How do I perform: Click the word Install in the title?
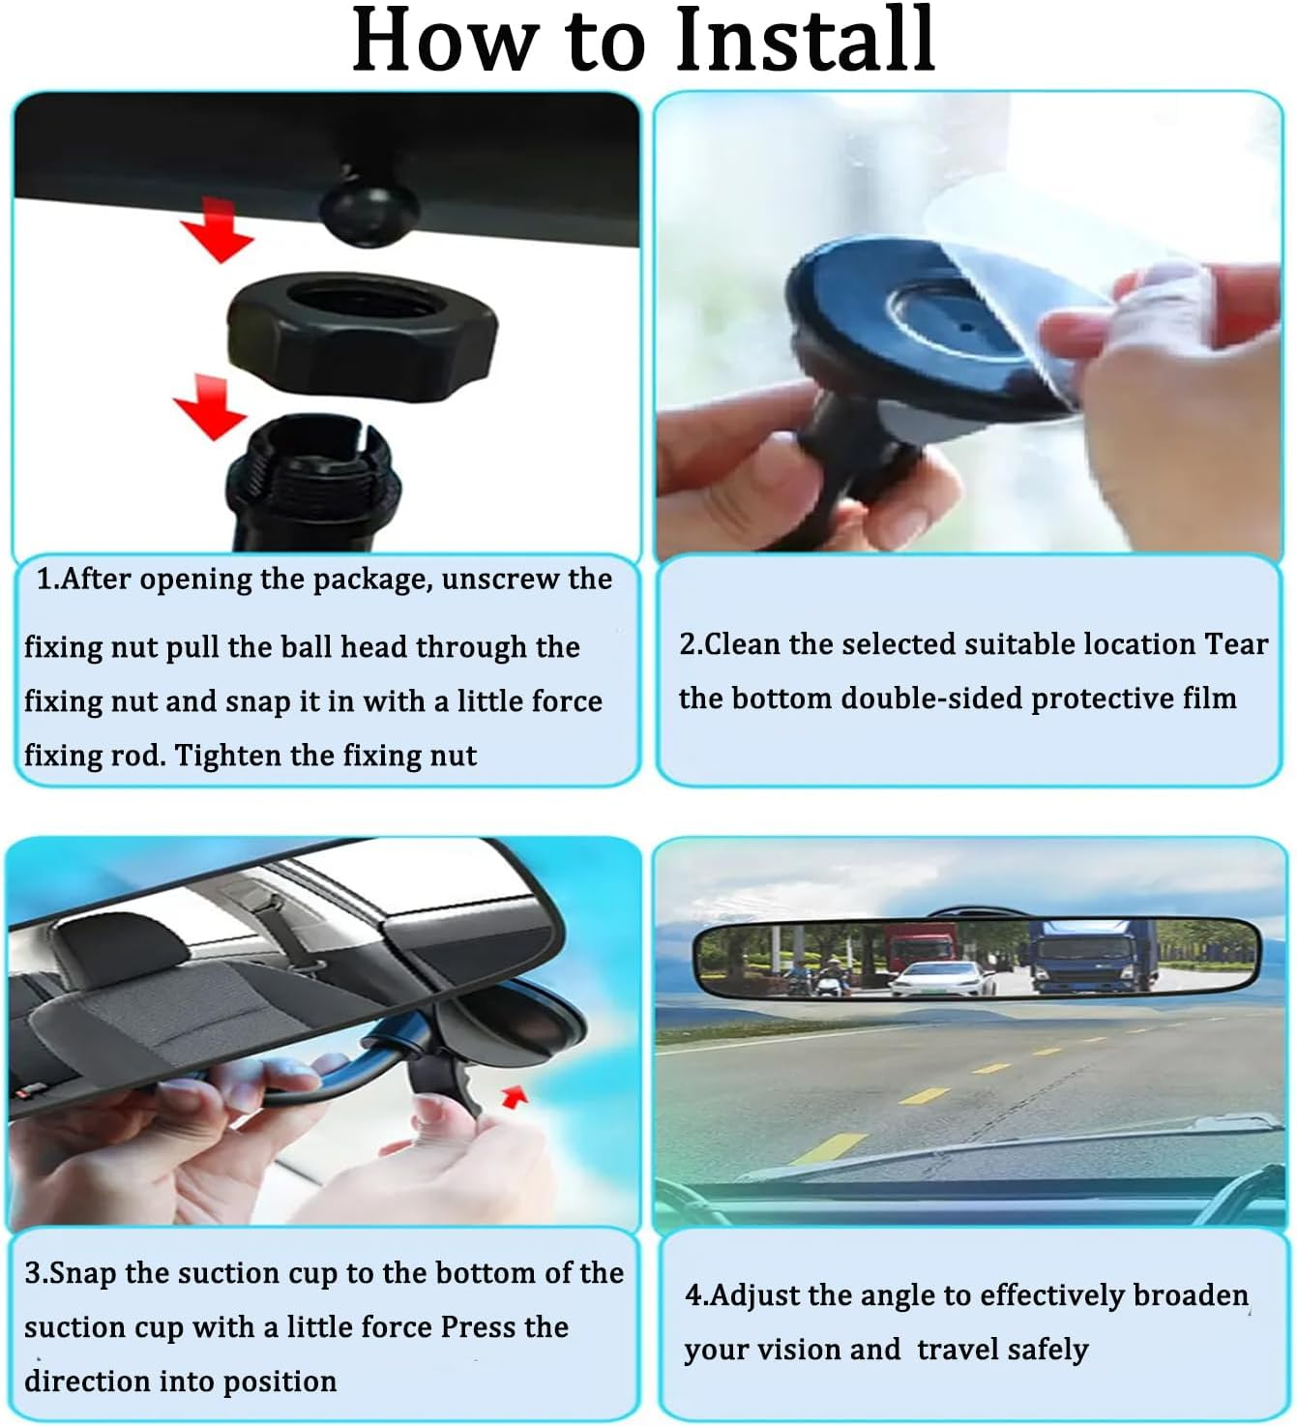tap(804, 41)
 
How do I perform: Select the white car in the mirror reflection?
tap(941, 978)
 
